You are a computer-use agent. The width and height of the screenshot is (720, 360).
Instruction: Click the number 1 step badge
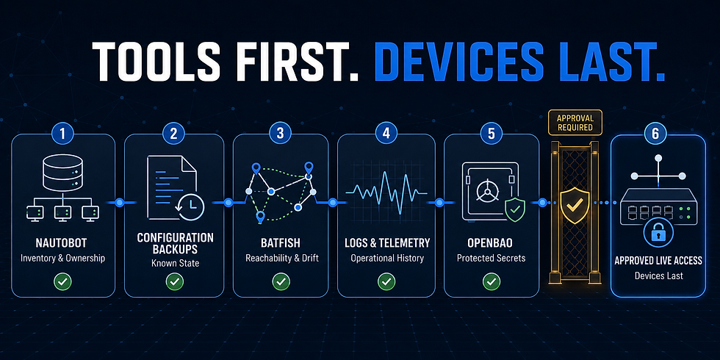(x=63, y=134)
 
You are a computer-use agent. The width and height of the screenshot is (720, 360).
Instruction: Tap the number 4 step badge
(x=386, y=133)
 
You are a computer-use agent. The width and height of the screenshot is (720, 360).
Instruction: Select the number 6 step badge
(x=657, y=134)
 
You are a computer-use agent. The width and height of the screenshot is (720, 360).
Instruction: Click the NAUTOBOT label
(x=63, y=243)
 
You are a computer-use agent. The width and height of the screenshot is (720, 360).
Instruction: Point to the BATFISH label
(x=281, y=243)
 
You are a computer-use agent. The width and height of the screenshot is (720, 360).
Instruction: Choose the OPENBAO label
(x=491, y=243)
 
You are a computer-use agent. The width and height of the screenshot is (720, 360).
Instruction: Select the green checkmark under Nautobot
(x=63, y=281)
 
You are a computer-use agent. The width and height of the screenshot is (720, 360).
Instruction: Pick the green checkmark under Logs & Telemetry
(x=386, y=281)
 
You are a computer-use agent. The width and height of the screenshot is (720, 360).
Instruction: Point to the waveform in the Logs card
(x=386, y=192)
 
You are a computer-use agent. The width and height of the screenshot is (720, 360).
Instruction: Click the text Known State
(x=175, y=264)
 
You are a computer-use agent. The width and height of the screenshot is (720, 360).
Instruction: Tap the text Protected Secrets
(x=491, y=258)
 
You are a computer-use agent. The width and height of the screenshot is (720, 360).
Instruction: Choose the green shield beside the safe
(x=516, y=210)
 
